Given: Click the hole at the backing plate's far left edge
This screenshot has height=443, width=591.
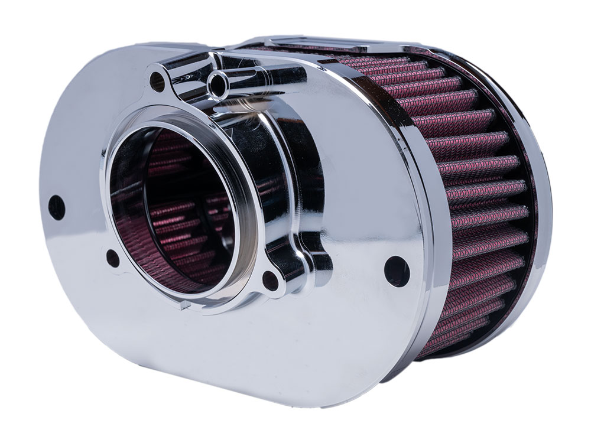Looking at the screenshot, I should [56, 206].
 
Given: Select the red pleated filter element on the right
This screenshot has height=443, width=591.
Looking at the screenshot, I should [473, 195].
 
